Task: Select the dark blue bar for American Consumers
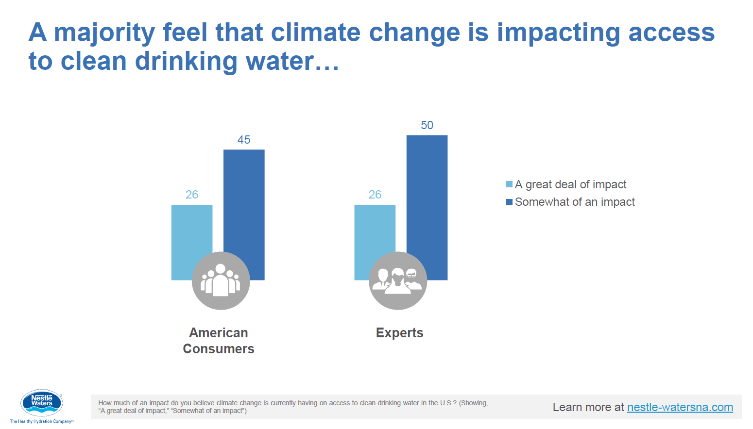click(x=244, y=204)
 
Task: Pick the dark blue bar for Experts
click(x=427, y=194)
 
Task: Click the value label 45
click(x=244, y=140)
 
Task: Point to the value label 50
click(x=427, y=125)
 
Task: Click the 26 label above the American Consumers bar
click(x=192, y=195)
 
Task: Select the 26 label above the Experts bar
click(x=375, y=195)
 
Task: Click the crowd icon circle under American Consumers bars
click(x=221, y=281)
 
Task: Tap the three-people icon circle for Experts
click(x=398, y=281)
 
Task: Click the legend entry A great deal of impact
click(x=570, y=184)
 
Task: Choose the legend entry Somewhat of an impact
click(x=575, y=202)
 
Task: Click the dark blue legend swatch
click(x=509, y=202)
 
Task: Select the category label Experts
click(x=399, y=333)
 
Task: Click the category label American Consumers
click(x=219, y=341)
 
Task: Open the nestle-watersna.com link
click(x=680, y=407)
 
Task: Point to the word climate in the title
click(x=315, y=33)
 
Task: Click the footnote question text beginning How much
click(x=292, y=407)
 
